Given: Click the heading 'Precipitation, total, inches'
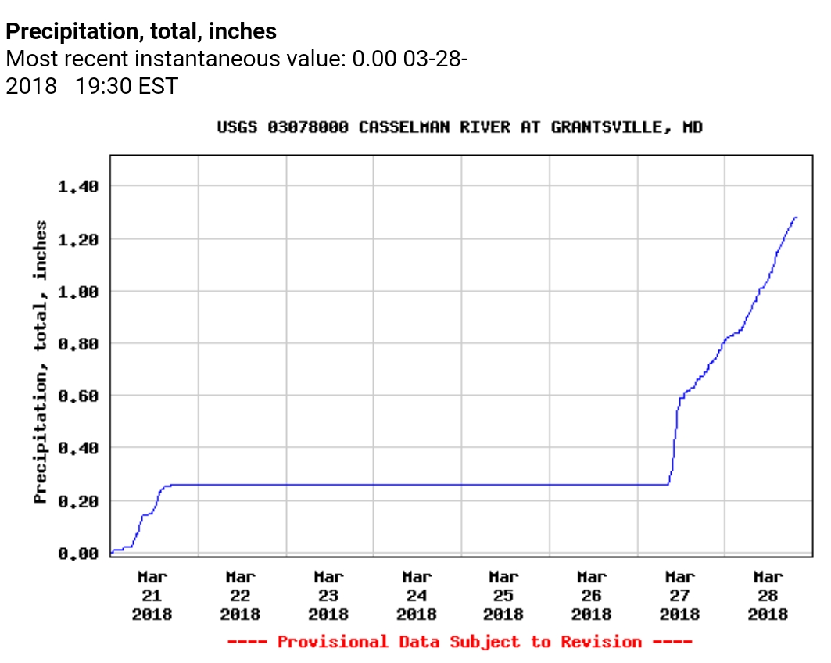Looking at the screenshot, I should coord(141,32).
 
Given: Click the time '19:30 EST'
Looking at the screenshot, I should coord(127,85).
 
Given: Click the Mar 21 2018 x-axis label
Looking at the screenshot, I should coord(152,595).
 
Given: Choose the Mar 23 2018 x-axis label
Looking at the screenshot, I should coord(328,595).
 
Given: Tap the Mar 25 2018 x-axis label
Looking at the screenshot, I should coord(504,595).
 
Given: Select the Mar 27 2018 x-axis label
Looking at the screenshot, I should coord(680,595).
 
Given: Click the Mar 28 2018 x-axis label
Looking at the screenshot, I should coord(768,595).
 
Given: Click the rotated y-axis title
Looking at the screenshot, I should coord(41,362).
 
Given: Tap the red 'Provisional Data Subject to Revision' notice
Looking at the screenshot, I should coord(460,642).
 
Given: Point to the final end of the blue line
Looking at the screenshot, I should coord(796,217).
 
